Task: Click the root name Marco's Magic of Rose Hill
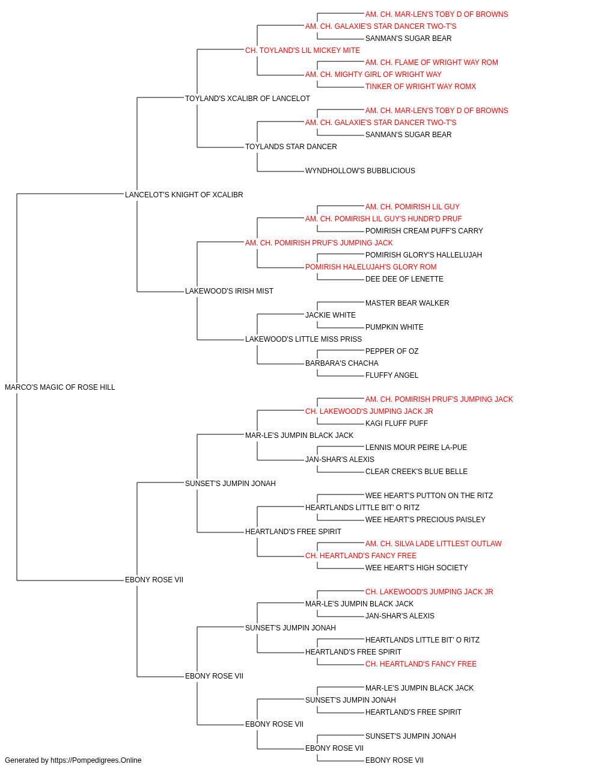[60, 387]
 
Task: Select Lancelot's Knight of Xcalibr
[184, 195]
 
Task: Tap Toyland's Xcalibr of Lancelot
[248, 99]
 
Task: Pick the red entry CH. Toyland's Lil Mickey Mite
[303, 51]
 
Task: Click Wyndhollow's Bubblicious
[361, 171]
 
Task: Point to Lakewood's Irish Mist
[230, 291]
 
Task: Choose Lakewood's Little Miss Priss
[304, 339]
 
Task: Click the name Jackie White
[331, 315]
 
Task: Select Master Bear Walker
[407, 303]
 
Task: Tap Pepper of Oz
[392, 351]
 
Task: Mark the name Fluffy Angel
[392, 375]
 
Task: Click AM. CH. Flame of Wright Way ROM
[432, 63]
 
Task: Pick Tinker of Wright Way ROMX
[421, 87]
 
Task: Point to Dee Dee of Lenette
[404, 279]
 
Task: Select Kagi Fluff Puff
[397, 423]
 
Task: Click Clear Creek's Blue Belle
[416, 472]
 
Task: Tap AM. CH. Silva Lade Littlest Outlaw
[433, 544]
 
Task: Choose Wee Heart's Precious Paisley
[426, 520]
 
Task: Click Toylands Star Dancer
[291, 147]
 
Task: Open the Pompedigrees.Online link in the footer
[96, 760]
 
